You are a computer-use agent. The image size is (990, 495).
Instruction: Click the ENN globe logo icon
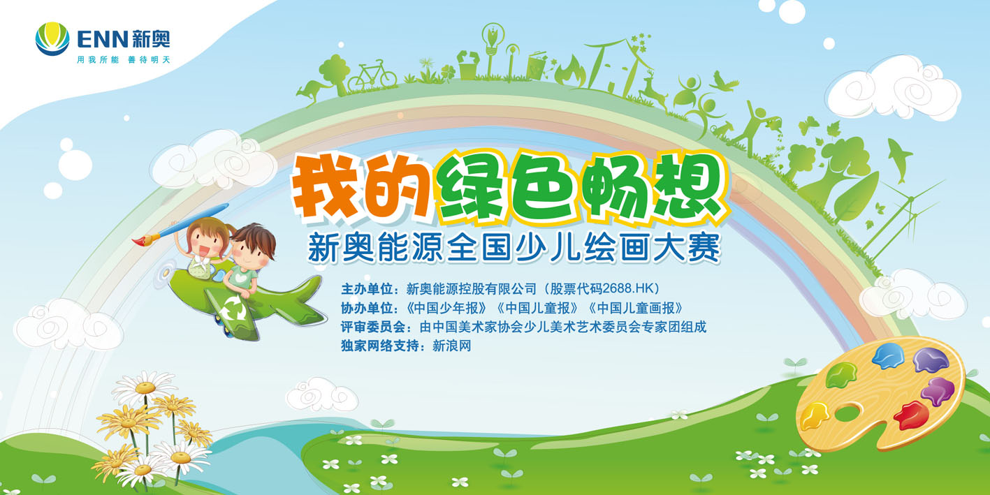52,39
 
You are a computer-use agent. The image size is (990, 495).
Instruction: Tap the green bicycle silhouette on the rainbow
372,76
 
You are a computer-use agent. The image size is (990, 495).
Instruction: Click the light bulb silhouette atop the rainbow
493,40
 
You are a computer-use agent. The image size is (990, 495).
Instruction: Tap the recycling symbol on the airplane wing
233,307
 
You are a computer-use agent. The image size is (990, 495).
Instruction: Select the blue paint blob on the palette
889,355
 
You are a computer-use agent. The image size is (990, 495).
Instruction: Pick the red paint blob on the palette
911,415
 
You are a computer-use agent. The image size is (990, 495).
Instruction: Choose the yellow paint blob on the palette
815,416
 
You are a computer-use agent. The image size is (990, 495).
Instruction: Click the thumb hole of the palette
847,413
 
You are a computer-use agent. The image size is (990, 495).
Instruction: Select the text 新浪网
451,346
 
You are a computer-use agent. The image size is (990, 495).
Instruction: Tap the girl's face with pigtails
206,244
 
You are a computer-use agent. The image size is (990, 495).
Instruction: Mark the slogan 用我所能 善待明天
123,59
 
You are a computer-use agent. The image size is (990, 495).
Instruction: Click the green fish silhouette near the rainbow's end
900,160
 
